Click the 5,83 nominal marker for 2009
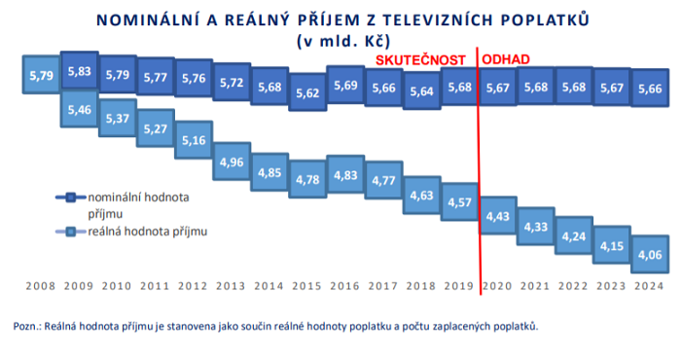[x=80, y=71]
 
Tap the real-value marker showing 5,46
[x=80, y=110]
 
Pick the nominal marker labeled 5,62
[x=308, y=93]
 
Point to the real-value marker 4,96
[x=232, y=162]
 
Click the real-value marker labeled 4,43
[x=497, y=214]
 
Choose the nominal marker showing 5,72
[x=232, y=84]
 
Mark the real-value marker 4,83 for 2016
[x=346, y=174]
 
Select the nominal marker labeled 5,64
[x=421, y=90]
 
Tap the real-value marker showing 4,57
[x=459, y=201]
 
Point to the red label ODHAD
[x=506, y=59]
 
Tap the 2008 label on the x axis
[x=41, y=286]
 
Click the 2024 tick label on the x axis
[x=649, y=286]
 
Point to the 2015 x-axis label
[x=307, y=286]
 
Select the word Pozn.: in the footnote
[x=29, y=326]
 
